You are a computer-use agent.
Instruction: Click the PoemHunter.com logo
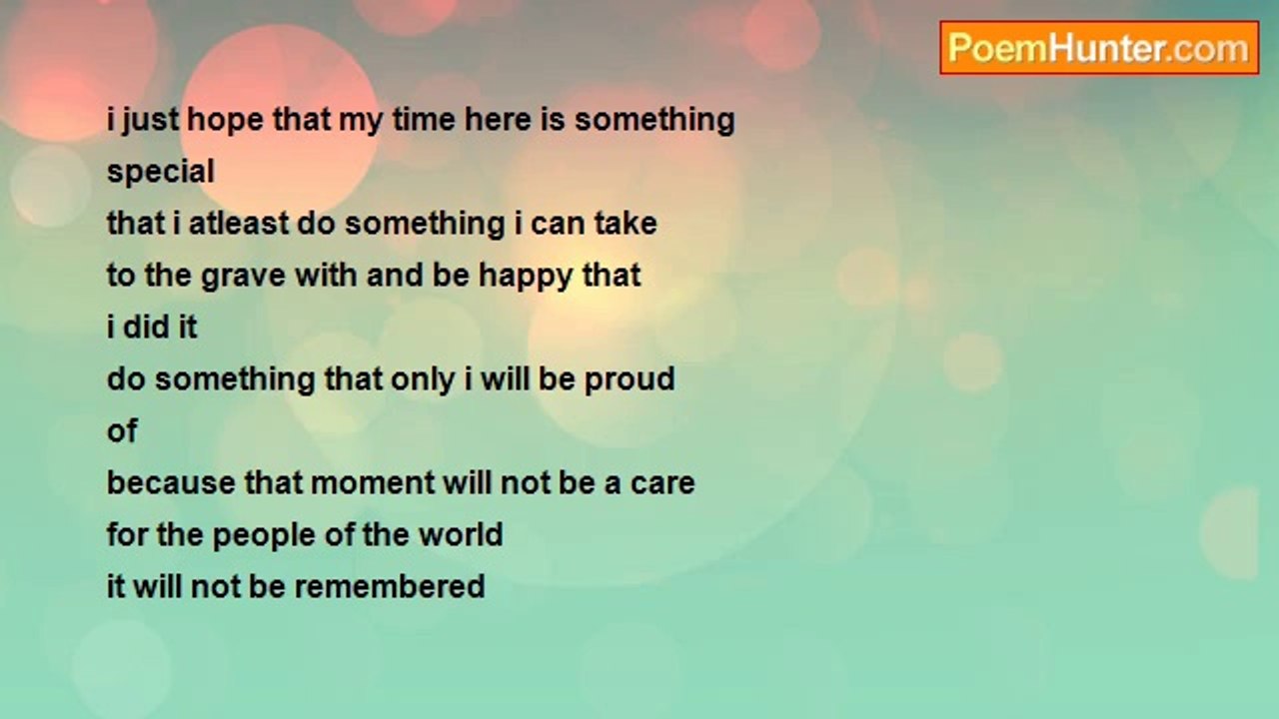(x=1098, y=48)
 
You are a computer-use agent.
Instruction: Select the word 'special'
(x=161, y=172)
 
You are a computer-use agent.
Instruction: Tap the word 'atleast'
(x=240, y=224)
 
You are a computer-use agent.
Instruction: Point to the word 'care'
(x=662, y=483)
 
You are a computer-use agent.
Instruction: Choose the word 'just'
(x=150, y=120)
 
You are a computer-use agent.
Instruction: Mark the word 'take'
(x=625, y=224)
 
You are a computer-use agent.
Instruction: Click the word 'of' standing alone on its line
(x=122, y=431)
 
